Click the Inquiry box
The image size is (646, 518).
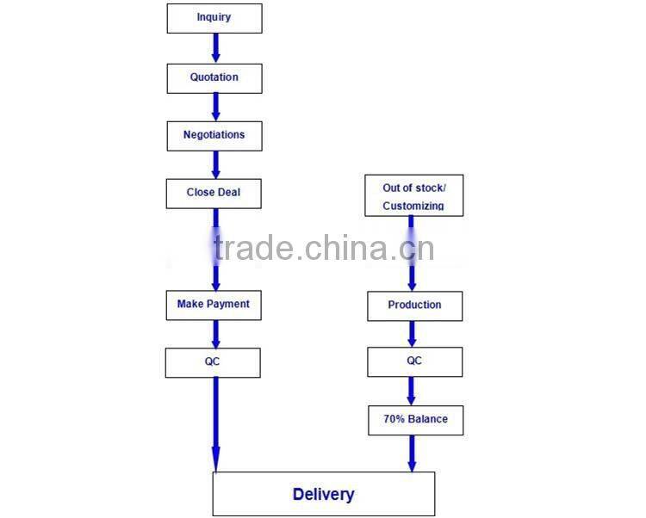[214, 19]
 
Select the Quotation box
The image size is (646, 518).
[214, 78]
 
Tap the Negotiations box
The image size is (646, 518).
[214, 136]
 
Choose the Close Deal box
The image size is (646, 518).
[214, 194]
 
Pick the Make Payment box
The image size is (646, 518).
[214, 305]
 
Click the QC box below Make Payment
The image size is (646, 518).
[213, 363]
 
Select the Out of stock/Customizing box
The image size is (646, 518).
[414, 195]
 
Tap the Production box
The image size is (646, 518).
[415, 306]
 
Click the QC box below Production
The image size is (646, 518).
[415, 362]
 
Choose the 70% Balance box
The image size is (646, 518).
[416, 421]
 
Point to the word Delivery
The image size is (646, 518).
[323, 494]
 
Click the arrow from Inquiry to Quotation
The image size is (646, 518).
[215, 48]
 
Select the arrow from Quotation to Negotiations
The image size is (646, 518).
[215, 107]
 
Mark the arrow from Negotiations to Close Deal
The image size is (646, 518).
[215, 164]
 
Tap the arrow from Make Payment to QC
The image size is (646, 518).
[215, 334]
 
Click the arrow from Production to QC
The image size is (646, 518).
[412, 334]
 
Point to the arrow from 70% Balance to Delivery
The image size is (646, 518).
[412, 453]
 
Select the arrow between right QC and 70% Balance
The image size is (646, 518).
[411, 392]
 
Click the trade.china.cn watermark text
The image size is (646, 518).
[324, 248]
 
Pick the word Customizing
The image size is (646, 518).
[413, 206]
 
